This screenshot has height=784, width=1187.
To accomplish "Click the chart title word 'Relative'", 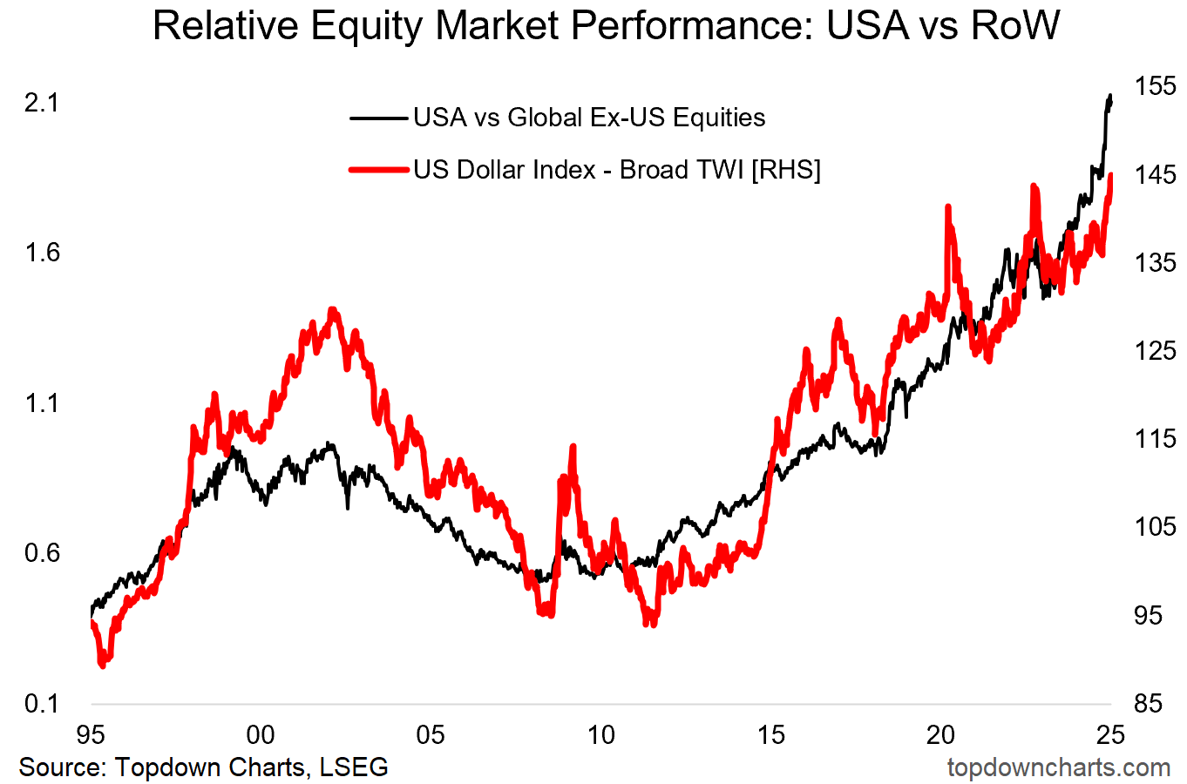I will [222, 25].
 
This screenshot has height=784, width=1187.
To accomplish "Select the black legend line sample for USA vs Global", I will [378, 118].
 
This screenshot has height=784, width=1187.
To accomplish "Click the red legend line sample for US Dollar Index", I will [378, 170].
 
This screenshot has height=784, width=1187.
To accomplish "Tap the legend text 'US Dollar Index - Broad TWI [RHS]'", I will [617, 170].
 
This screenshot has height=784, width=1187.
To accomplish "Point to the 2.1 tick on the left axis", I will [41, 103].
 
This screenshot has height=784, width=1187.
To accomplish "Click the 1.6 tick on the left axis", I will [41, 253].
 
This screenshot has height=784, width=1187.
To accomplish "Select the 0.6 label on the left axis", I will [41, 553].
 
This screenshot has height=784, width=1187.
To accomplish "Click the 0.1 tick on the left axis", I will [41, 703].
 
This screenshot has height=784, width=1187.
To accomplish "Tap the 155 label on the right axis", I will [1155, 86].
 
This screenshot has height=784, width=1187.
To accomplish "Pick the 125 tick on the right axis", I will [1155, 350].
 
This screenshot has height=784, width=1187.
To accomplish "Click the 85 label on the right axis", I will [1148, 703].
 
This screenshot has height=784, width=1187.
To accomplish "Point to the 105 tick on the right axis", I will [1155, 526].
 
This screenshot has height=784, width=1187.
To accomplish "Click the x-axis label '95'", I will [91, 735].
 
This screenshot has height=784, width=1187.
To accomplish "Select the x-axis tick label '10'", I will [600, 735].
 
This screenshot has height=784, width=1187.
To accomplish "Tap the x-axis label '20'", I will [940, 735].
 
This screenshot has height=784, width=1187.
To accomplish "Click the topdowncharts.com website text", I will [1058, 767].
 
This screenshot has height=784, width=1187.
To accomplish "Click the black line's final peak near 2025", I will [1110, 95].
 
